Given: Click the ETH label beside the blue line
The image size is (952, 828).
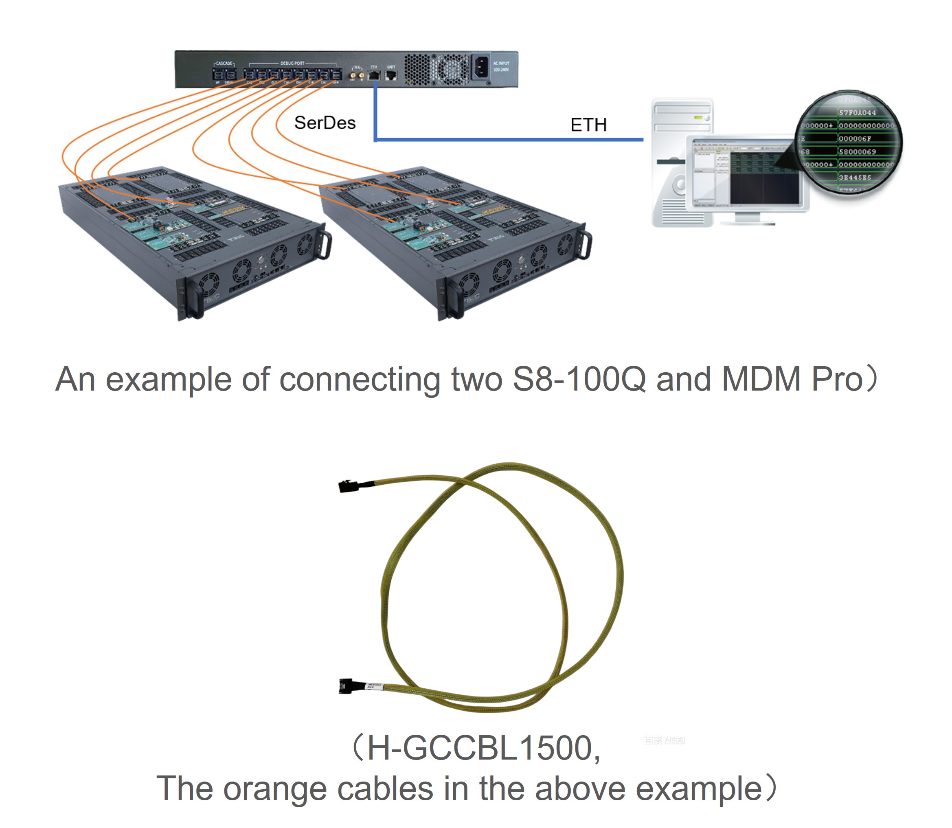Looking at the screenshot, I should tap(588, 125).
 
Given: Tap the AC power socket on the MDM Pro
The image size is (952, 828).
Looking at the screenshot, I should tap(481, 68).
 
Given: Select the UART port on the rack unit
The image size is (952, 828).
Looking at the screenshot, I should tap(391, 75).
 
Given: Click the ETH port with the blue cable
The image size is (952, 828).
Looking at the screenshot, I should tap(374, 75).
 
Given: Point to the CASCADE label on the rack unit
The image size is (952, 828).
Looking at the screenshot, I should tap(224, 63).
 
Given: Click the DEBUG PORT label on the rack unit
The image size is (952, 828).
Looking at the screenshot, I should tap(292, 63).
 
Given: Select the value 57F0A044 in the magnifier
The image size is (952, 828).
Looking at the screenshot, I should tap(857, 113).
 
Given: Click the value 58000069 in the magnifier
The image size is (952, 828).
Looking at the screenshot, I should tap(857, 152).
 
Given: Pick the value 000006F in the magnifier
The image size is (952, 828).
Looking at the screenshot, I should tap(855, 138).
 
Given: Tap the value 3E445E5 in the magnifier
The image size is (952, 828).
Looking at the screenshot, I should tap(855, 178).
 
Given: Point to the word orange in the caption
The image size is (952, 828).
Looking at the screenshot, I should tap(275, 789).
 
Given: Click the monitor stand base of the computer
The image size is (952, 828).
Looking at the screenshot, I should tap(747, 222).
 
